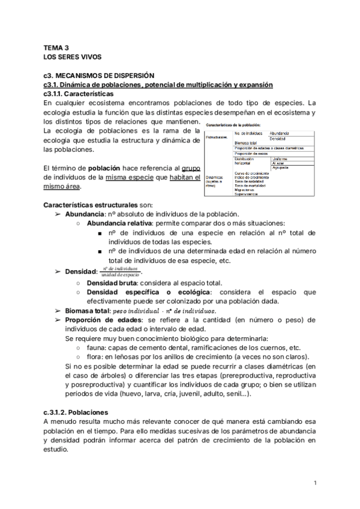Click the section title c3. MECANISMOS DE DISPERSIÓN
(99, 75)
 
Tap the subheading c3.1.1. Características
(79, 94)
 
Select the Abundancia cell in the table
(280, 133)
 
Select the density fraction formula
(124, 273)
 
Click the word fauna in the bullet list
(97, 348)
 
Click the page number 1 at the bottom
(316, 483)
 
